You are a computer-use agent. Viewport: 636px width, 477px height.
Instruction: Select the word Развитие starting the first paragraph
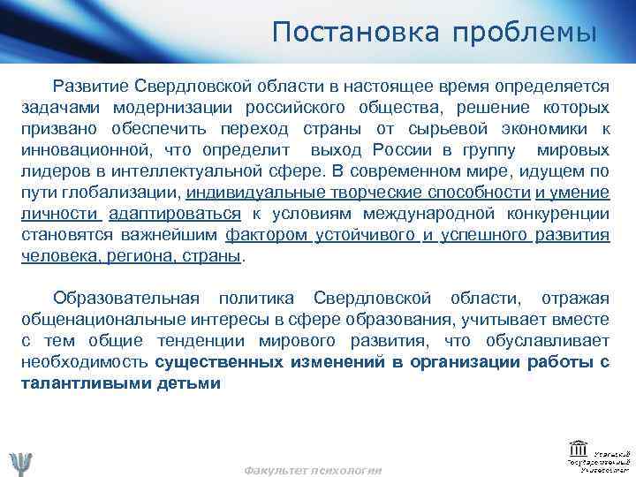pos(92,86)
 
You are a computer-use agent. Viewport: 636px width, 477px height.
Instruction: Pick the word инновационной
pos(79,149)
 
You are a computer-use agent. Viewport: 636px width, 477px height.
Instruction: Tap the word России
pos(403,149)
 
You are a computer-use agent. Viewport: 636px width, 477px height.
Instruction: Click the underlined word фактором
pos(266,234)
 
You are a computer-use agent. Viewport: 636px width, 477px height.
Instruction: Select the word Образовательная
pos(125,299)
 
